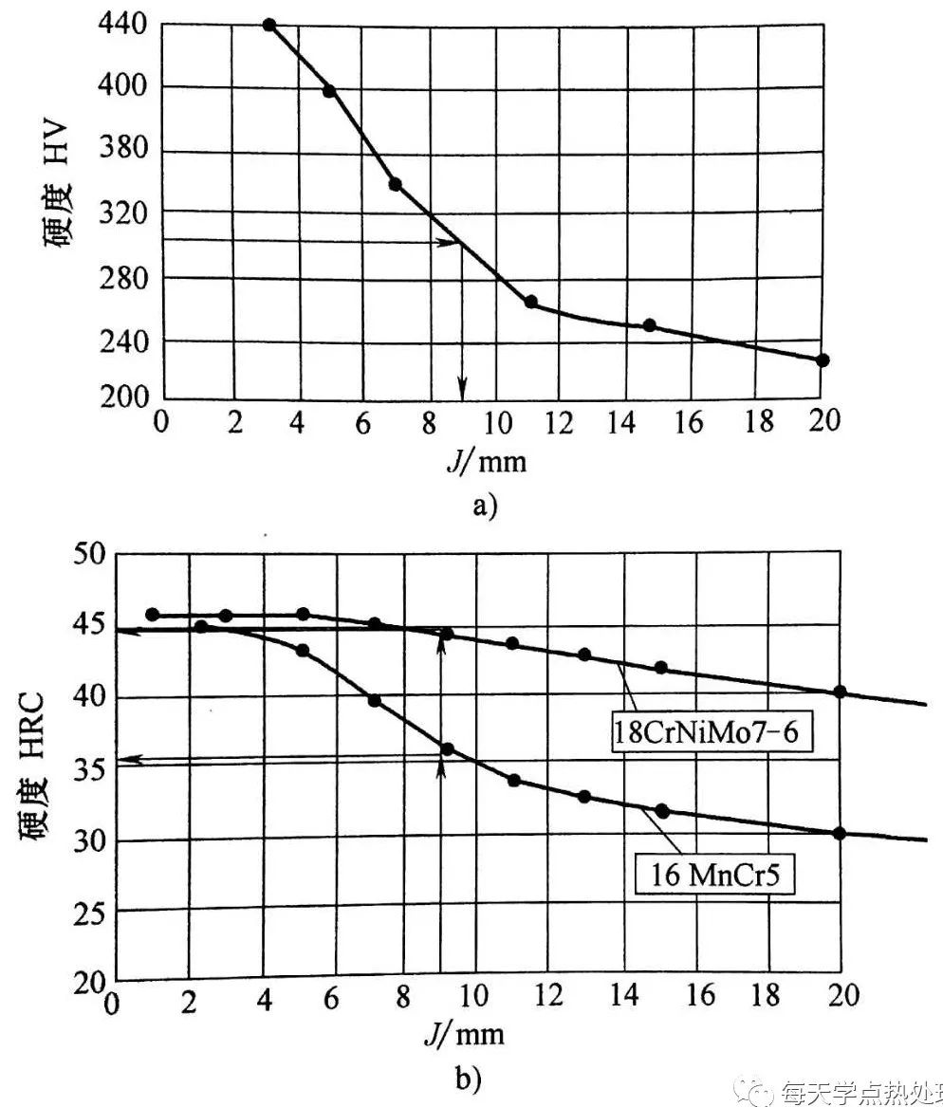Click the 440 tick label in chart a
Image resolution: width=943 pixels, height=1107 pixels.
(x=121, y=26)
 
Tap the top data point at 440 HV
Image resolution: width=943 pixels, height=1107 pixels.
(x=269, y=25)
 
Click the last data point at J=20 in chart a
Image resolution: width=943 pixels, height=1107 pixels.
(x=823, y=360)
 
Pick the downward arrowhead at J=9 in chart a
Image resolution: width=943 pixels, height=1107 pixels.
(x=462, y=388)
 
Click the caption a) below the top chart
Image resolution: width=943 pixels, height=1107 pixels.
(x=485, y=506)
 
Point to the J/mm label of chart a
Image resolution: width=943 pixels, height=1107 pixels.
(x=486, y=461)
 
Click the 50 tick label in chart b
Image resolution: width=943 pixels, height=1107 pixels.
(x=93, y=554)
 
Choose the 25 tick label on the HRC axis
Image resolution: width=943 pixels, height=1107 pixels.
(x=93, y=912)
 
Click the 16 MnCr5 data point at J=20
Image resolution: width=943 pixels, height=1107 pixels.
(x=840, y=833)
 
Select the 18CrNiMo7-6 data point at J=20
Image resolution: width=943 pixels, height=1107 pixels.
(x=840, y=692)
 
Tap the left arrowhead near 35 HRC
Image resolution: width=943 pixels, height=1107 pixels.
(x=133, y=758)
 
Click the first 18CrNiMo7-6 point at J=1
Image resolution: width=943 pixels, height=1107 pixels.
(x=153, y=615)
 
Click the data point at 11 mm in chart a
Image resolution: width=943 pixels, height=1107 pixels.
(x=530, y=302)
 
